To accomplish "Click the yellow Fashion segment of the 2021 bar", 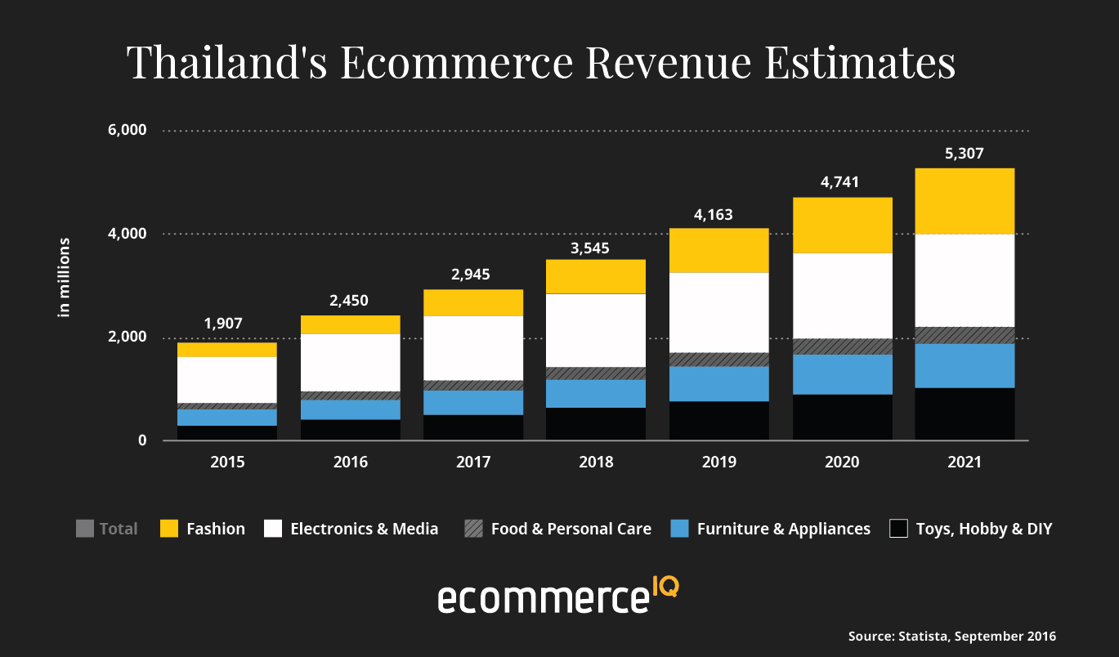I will tap(965, 201).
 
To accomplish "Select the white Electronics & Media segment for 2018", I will tap(596, 330).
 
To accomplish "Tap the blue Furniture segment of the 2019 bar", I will tap(719, 383).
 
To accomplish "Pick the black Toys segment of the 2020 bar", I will tap(842, 418).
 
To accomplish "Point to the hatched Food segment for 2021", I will tap(965, 335).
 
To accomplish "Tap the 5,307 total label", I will tap(965, 152).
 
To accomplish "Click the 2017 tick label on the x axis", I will tap(473, 463).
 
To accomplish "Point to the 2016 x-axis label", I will tap(351, 463).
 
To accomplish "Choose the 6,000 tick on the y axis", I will tap(127, 131).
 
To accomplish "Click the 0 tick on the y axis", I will tap(141, 441).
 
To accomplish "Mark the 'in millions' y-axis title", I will tap(64, 278).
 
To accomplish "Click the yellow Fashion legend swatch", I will tap(169, 529).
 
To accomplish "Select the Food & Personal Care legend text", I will tap(571, 529).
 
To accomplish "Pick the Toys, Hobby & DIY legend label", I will tap(983, 529).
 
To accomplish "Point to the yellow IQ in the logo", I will tap(665, 586).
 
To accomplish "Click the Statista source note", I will tap(951, 636).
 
